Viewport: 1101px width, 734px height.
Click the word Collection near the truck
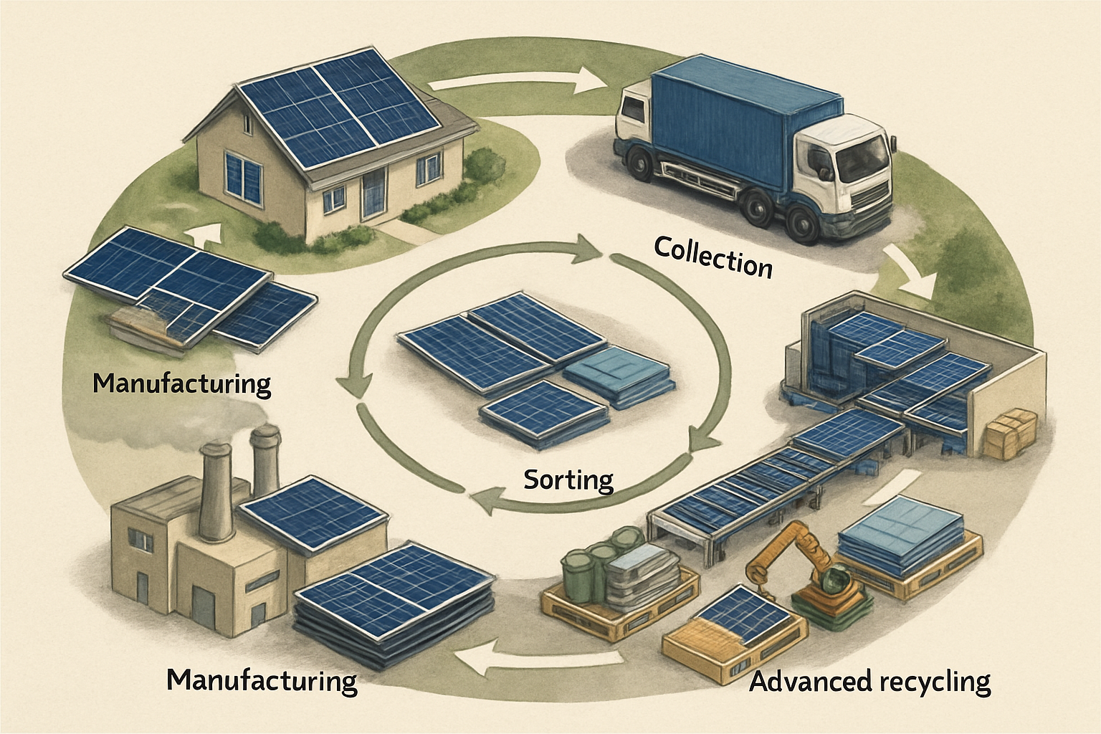[x=713, y=258]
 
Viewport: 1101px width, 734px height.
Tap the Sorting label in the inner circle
[x=568, y=479]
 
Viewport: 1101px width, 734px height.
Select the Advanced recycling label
[x=869, y=681]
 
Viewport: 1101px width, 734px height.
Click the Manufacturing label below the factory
[x=262, y=680]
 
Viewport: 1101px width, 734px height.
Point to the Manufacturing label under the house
[x=182, y=383]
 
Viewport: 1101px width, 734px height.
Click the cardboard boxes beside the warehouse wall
[x=1009, y=434]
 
